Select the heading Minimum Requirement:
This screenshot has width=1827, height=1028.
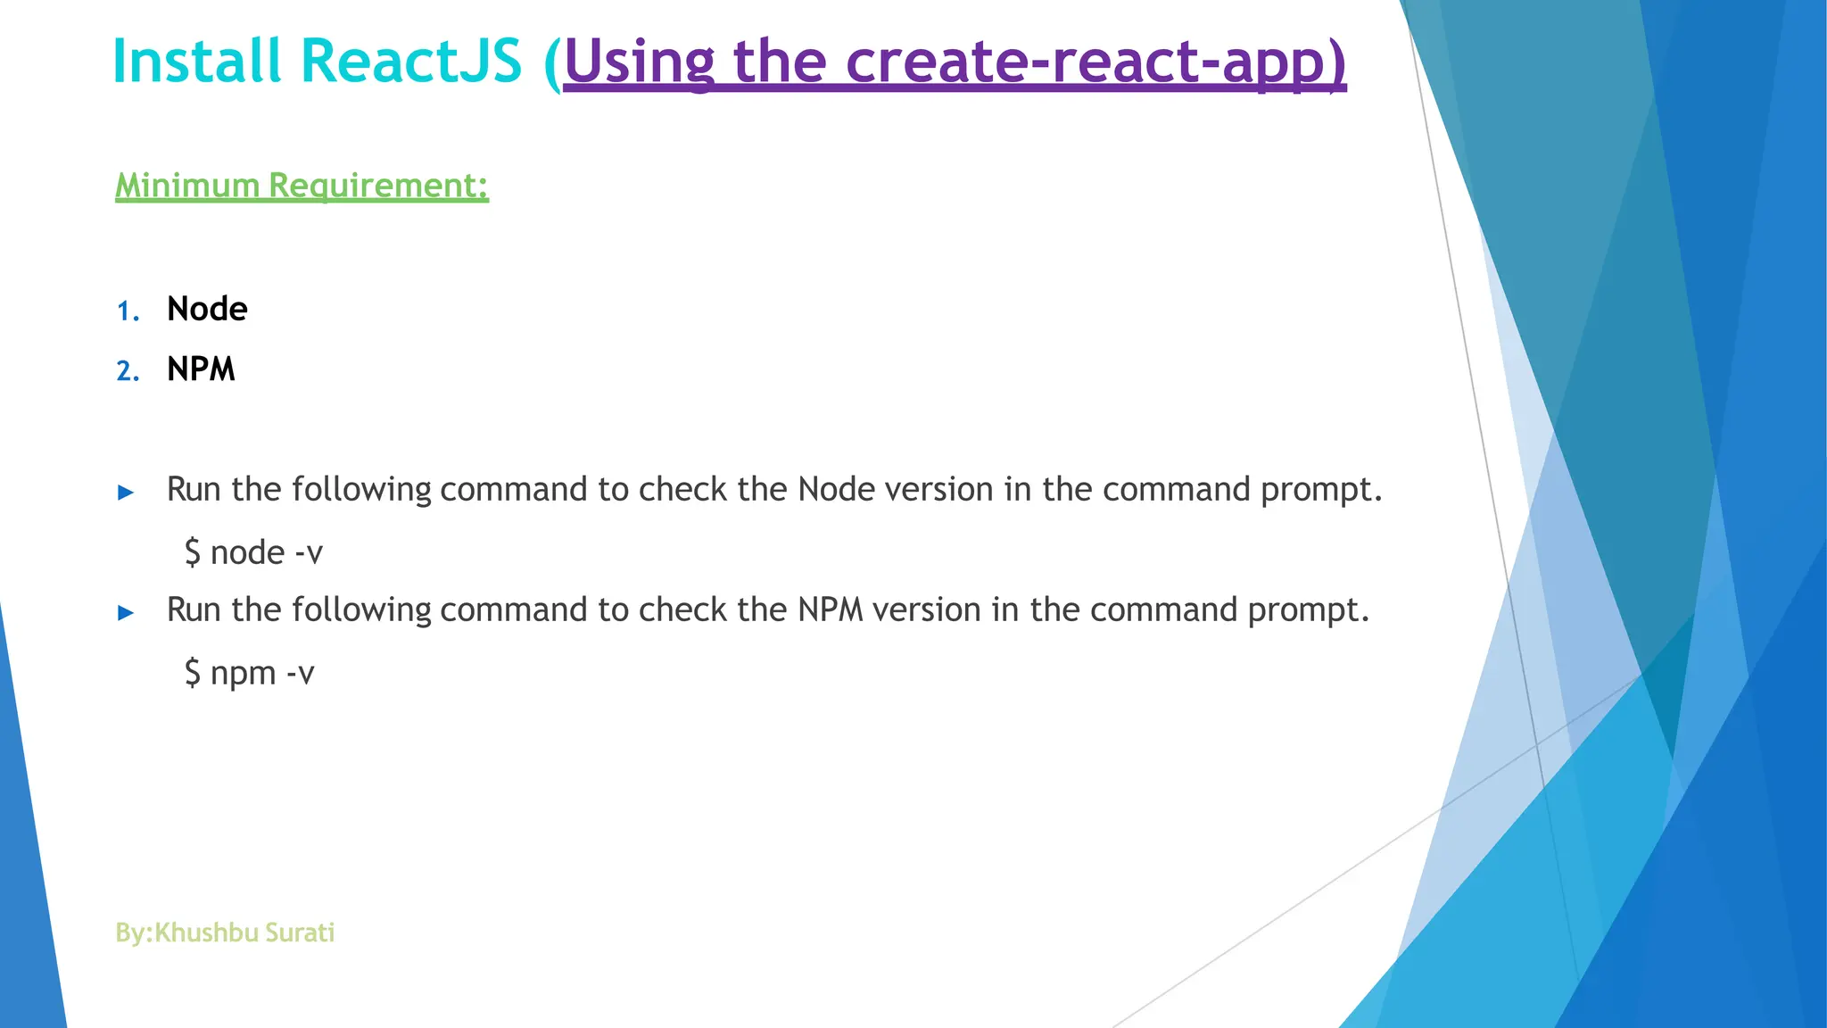coord(302,186)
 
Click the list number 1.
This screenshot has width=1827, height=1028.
coord(128,311)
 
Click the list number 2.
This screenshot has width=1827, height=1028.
coord(128,371)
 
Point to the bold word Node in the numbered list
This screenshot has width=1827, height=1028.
coord(207,309)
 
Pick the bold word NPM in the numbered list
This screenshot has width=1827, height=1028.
coord(201,369)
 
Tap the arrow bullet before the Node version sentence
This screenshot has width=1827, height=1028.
coord(126,492)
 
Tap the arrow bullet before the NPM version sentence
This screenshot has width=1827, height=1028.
coord(126,612)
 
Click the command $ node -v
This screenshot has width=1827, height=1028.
coord(253,552)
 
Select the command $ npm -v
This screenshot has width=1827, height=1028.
coord(249,673)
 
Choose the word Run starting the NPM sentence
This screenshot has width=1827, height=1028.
coord(194,609)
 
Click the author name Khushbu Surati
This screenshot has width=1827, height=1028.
coord(244,933)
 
